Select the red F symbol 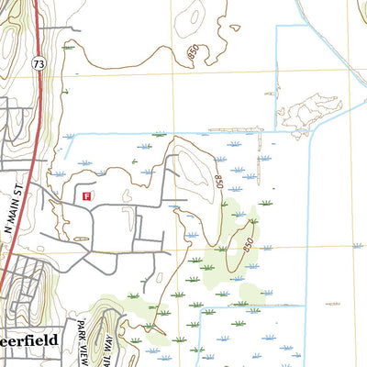pos(87,195)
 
